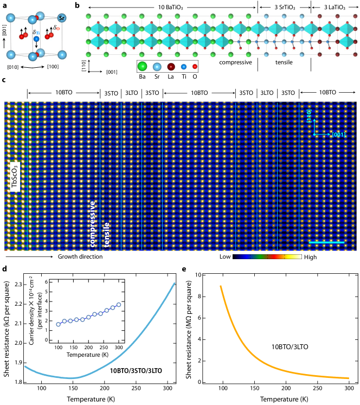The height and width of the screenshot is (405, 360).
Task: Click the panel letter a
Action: tap(4, 4)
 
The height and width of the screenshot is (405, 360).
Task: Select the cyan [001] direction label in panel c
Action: tap(340, 134)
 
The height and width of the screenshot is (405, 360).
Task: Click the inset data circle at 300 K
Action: tap(119, 305)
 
